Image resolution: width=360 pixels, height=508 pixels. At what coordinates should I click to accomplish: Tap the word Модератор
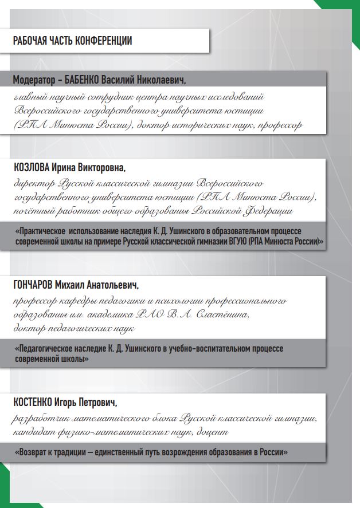pyautogui.click(x=33, y=78)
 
